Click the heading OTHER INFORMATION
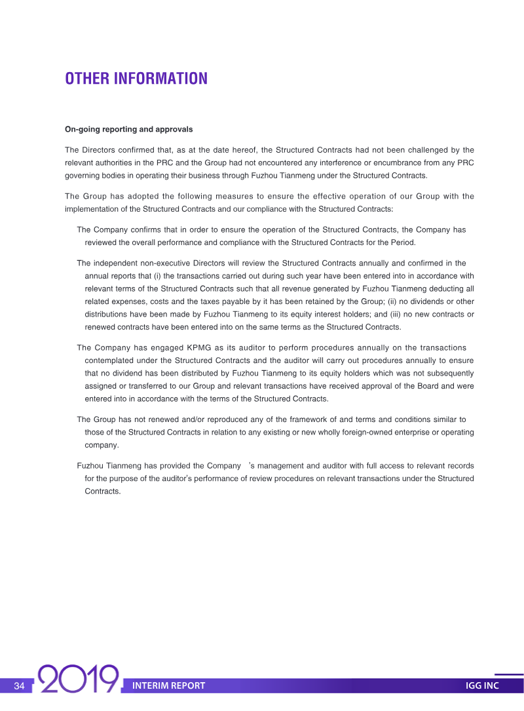click(x=136, y=79)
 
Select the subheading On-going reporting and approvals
click(x=128, y=129)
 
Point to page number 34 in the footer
click(x=19, y=686)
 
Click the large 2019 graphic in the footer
click(x=79, y=680)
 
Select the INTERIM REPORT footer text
click(x=168, y=686)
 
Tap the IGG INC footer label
click(x=482, y=686)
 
